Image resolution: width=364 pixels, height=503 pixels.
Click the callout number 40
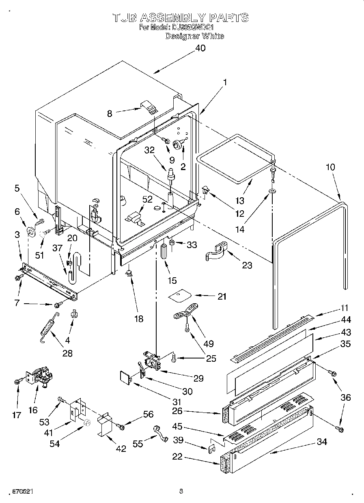tap(200, 48)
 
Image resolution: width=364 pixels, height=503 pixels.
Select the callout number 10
tap(331, 167)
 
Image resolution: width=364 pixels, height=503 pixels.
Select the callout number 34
tap(321, 442)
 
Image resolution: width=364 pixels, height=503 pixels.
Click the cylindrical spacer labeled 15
tap(165, 253)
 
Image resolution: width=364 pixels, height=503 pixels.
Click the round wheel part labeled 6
tap(30, 233)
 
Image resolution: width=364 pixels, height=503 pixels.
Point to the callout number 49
tap(208, 344)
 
